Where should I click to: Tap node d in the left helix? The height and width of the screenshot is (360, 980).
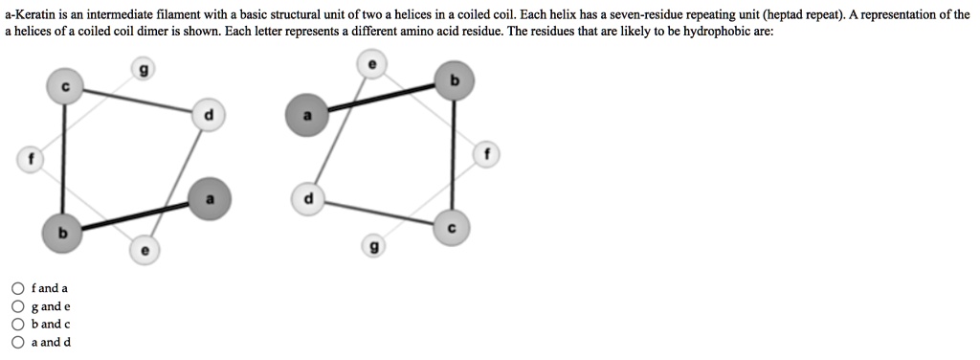pos(210,116)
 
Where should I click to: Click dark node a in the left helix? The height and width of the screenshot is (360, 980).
pos(211,198)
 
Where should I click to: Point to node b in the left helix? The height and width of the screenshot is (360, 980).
pos(62,232)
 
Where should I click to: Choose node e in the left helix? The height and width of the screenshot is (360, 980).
pos(144,250)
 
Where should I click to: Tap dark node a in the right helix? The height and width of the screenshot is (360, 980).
pos(306,116)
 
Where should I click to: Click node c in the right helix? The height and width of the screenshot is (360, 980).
pos(453,226)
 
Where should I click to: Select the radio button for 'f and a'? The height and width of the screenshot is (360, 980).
pos(17,288)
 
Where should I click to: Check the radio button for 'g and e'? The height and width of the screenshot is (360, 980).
pos(17,306)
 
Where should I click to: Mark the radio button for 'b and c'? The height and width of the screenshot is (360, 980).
pos(17,324)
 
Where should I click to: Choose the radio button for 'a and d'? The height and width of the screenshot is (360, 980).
pos(17,342)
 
